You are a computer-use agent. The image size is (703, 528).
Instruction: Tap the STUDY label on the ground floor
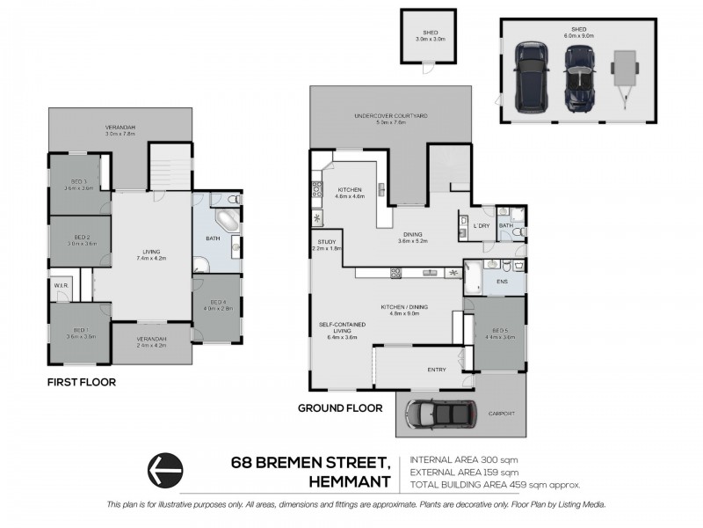pyautogui.click(x=324, y=244)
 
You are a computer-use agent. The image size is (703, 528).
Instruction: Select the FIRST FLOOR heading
pyautogui.click(x=80, y=383)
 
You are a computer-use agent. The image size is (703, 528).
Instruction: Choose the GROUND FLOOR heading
pyautogui.click(x=339, y=407)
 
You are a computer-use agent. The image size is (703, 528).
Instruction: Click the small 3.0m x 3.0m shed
pyautogui.click(x=430, y=36)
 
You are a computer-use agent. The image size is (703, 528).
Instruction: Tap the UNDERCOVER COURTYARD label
pyautogui.click(x=389, y=117)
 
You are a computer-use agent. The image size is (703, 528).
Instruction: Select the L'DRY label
pyautogui.click(x=481, y=226)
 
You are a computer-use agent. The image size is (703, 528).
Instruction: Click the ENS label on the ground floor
pyautogui.click(x=503, y=282)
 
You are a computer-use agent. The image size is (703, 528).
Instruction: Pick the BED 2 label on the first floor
pyautogui.click(x=82, y=238)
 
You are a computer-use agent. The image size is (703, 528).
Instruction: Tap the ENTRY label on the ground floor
pyautogui.click(x=436, y=370)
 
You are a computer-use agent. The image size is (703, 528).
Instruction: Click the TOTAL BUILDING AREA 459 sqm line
pyautogui.click(x=495, y=484)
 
